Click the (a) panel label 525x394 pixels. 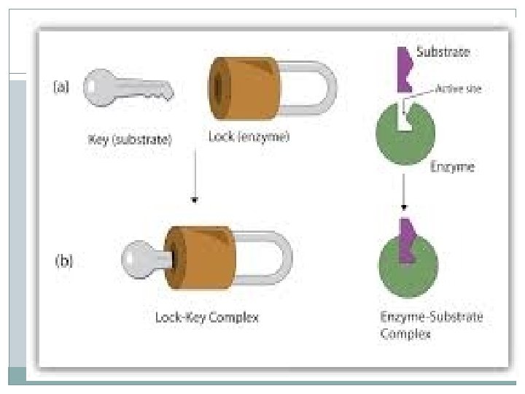63,87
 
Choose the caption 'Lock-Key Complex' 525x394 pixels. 208,318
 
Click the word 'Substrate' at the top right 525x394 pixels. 443,53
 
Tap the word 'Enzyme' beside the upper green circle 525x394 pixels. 452,167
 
